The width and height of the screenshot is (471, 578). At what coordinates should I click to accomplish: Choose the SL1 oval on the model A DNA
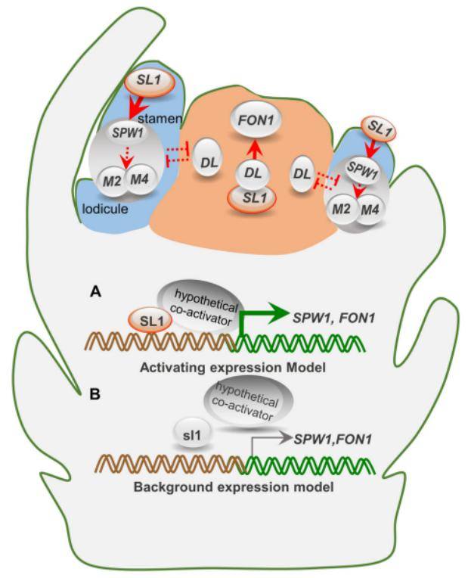(x=146, y=323)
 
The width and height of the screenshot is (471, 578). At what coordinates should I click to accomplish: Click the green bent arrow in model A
(x=256, y=315)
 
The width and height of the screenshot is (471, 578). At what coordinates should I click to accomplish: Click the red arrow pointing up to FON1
(x=256, y=151)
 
